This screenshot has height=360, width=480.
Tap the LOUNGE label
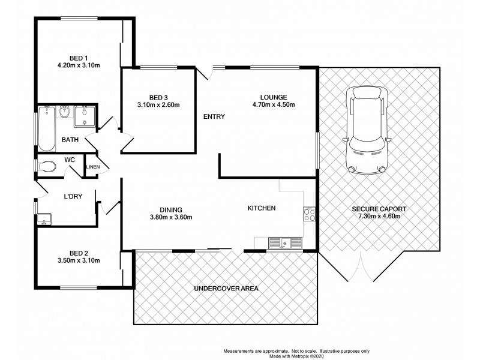click(274, 97)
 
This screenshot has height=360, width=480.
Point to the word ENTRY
click(214, 116)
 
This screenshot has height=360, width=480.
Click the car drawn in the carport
click(366, 129)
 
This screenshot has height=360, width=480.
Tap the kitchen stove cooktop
click(310, 214)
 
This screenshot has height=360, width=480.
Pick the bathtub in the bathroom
click(46, 128)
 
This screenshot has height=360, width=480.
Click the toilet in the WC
click(46, 166)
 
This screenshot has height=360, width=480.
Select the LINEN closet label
click(92, 167)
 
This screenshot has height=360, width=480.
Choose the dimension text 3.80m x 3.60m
click(170, 217)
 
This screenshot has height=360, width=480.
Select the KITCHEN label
click(262, 208)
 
